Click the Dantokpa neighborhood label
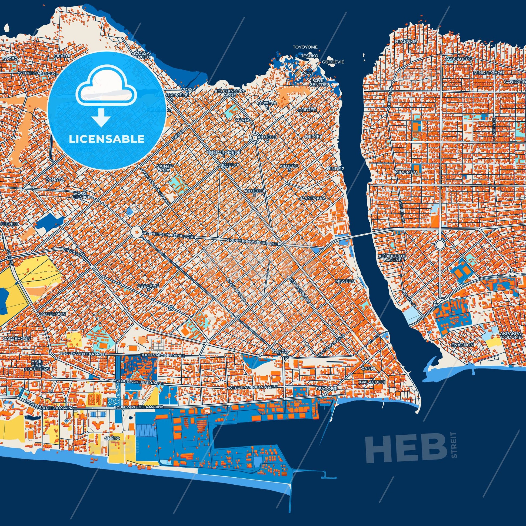point(313,198)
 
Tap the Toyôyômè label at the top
point(305,47)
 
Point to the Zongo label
point(280,351)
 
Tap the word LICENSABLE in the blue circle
point(107,139)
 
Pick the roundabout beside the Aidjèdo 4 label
point(255,138)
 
